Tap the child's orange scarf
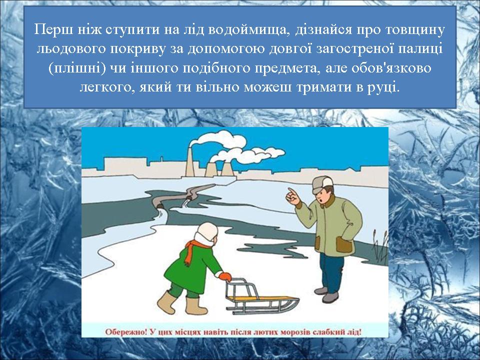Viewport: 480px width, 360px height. [193, 250]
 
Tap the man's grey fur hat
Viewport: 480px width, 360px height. [322, 184]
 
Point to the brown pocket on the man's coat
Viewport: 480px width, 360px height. [344, 244]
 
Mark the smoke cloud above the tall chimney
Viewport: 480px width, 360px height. [217, 140]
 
